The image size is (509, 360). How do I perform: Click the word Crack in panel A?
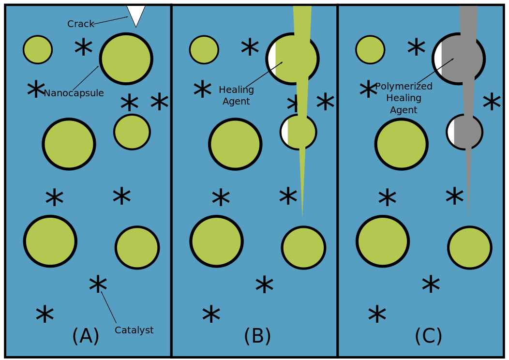tap(80, 24)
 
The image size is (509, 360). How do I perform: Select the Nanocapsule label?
tap(74, 93)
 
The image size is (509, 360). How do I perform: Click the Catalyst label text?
tap(134, 330)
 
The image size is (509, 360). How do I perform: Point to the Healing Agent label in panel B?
tap(236, 95)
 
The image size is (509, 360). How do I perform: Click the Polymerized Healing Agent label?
tap(404, 98)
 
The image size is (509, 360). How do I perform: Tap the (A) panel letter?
tap(86, 336)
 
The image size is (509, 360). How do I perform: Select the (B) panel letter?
tap(257, 336)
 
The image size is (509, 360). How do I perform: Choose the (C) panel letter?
tap(429, 336)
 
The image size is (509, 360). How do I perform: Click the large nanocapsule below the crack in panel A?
tap(126, 59)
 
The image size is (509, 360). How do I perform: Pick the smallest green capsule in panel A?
tap(38, 50)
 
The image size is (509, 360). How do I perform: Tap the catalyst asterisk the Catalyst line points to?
tap(98, 285)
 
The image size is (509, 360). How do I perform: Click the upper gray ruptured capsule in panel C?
tap(459, 59)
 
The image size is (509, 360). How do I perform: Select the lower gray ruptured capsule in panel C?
tap(464, 132)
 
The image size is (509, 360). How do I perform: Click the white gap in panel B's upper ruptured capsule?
tap(272, 59)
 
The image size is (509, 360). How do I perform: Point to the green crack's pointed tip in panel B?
tap(302, 217)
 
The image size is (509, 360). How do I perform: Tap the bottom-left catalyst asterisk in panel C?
tap(377, 314)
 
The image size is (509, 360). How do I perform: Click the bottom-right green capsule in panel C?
tap(470, 248)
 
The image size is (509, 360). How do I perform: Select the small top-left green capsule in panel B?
tap(204, 50)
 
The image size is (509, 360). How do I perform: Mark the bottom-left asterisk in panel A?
tap(45, 314)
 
